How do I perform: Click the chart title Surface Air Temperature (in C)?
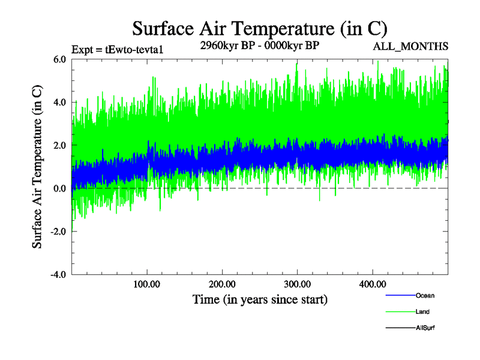point(260,29)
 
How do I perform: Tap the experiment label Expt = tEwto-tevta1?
point(118,49)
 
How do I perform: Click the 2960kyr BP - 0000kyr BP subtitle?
point(260,46)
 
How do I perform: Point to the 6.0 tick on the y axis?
point(59,59)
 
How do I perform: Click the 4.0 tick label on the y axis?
point(59,103)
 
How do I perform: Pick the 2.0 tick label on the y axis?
point(59,146)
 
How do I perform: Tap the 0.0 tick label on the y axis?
point(59,188)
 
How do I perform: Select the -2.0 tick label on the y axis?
point(58,232)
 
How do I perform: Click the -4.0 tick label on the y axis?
point(58,275)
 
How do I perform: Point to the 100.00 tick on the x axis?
point(147,283)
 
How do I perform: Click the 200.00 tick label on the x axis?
point(222,283)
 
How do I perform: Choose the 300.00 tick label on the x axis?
point(297,283)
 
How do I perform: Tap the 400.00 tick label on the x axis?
point(372,283)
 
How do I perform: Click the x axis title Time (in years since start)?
point(260,299)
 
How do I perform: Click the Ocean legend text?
point(425,295)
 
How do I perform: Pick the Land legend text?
point(422,311)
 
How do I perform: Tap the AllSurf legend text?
point(425,328)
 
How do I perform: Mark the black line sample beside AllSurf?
point(400,328)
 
